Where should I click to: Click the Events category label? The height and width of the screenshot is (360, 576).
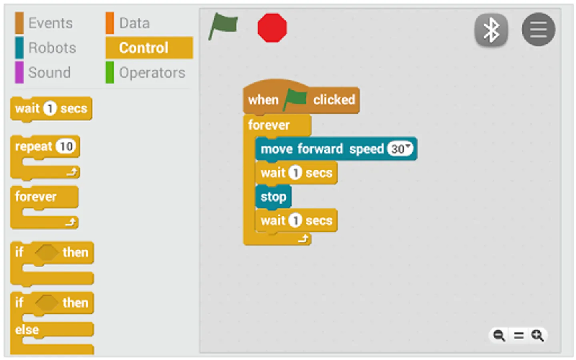click(x=50, y=23)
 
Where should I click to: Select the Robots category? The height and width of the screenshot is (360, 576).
click(x=52, y=48)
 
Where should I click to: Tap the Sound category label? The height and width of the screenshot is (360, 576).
click(x=49, y=73)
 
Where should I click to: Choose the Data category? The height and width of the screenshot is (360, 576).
click(x=134, y=23)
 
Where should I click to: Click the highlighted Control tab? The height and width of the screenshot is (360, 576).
click(x=144, y=48)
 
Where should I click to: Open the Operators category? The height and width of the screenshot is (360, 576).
click(x=152, y=73)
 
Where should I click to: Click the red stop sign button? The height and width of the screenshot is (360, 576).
click(x=272, y=28)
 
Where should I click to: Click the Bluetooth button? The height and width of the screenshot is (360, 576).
click(x=491, y=30)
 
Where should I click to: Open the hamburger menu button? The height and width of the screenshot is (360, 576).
click(x=538, y=30)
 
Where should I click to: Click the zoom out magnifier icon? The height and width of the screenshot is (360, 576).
click(x=499, y=335)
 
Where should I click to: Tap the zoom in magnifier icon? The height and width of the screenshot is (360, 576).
click(x=537, y=335)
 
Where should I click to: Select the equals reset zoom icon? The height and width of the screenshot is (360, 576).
click(x=518, y=335)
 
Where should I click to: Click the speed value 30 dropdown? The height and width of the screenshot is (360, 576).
click(x=400, y=149)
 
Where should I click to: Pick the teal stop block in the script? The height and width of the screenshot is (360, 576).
click(x=273, y=197)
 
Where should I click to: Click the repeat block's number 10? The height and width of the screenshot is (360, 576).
click(x=66, y=146)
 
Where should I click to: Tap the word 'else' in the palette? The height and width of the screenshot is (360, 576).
click(x=27, y=330)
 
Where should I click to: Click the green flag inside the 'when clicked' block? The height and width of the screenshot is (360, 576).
click(x=296, y=99)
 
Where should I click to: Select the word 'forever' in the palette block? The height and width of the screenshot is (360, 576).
click(x=36, y=197)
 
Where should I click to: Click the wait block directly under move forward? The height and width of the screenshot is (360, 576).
click(x=296, y=173)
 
